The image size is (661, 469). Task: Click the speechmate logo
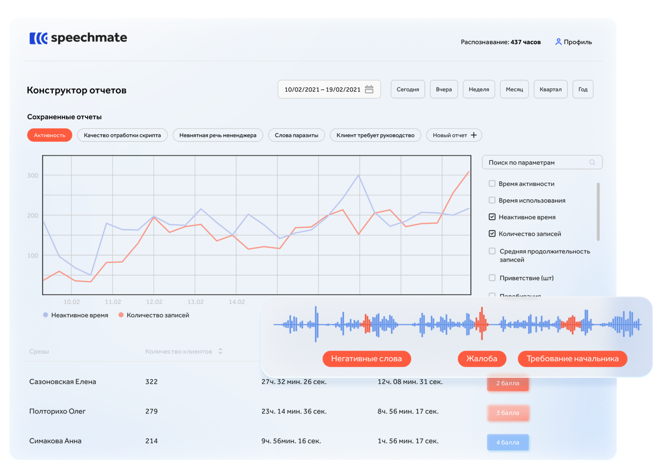78,38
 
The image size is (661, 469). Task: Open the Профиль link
573,42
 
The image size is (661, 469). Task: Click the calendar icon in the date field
369,89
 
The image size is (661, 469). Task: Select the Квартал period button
550,89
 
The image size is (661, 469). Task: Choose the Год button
583,89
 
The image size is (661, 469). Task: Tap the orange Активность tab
50,135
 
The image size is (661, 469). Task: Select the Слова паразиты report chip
296,135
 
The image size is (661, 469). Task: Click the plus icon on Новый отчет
474,135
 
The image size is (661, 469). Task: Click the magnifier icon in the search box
592,162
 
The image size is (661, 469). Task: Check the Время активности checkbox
492,184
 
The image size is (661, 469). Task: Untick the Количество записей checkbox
492,234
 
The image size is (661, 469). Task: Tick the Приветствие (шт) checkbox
492,278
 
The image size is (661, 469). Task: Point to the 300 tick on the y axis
33,175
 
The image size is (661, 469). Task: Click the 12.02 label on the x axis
154,302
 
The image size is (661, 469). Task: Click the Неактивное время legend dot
46,315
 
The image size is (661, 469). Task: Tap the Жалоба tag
482,359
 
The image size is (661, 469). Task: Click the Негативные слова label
366,359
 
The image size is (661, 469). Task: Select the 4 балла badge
508,442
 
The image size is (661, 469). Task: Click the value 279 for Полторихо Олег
151,411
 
